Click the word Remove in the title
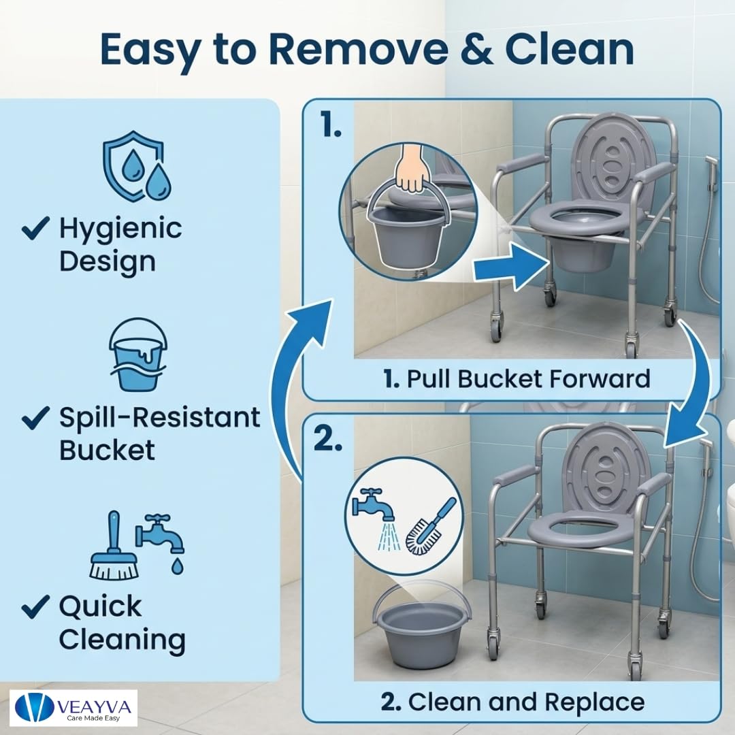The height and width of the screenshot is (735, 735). coord(359,49)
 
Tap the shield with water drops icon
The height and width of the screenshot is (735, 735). coord(137,167)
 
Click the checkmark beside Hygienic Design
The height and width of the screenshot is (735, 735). coord(35,228)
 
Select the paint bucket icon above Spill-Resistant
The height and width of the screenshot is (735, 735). coord(137,355)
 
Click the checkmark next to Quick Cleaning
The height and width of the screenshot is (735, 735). coord(35,606)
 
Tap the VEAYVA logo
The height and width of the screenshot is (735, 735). coord(73,708)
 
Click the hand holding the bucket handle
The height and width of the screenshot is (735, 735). coord(412,169)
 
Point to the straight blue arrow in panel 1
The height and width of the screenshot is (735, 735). coord(511,267)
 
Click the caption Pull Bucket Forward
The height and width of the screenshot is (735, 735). coord(517,379)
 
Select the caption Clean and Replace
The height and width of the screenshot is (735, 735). coord(512,702)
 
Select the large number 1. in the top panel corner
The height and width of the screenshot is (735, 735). coord(331,125)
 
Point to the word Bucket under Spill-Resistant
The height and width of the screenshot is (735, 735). coord(107,450)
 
